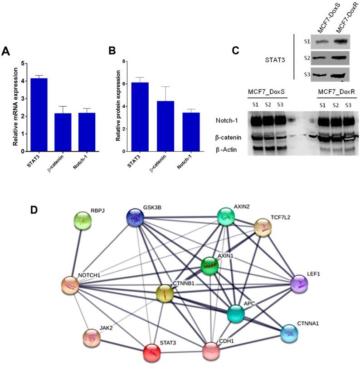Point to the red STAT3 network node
(x=154, y=353)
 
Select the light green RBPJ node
(x=83, y=221)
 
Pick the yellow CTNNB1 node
(x=165, y=294)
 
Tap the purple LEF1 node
(x=299, y=284)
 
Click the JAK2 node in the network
(x=92, y=338)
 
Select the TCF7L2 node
(x=262, y=227)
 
